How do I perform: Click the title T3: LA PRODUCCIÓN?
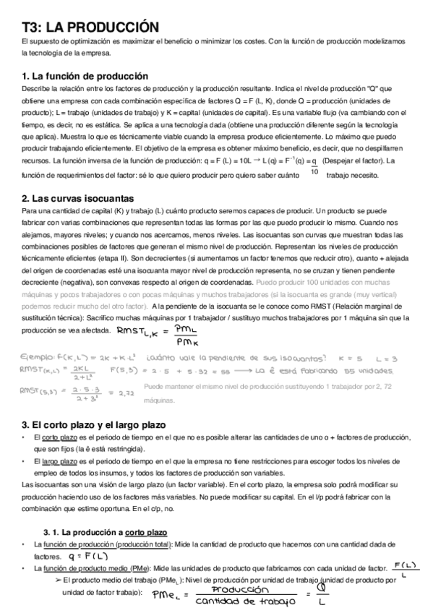(x=90, y=27)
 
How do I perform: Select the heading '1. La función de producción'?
(x=85, y=77)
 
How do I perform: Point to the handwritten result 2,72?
(x=127, y=393)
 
